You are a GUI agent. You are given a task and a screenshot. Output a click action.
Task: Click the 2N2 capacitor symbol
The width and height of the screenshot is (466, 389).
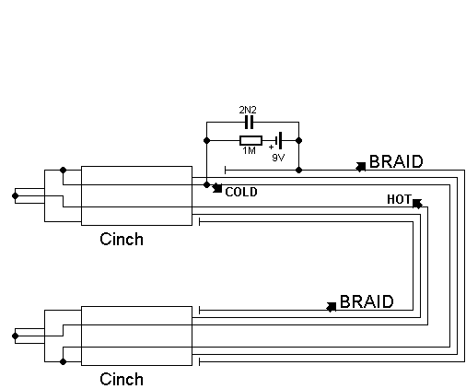click(x=249, y=123)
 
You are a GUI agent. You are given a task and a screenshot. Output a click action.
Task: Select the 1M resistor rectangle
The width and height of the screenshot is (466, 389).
click(x=250, y=141)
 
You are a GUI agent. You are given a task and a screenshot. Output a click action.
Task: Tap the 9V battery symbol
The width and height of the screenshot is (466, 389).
click(x=279, y=141)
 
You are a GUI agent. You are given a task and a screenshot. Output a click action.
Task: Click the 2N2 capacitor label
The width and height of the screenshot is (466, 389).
click(x=248, y=110)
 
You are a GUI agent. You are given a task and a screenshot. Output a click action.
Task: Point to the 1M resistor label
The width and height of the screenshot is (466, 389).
click(x=249, y=150)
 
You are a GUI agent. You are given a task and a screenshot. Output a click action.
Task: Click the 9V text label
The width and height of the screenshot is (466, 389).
click(x=278, y=158)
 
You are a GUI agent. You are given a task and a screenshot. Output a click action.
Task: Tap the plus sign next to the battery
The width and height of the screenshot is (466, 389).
click(x=271, y=147)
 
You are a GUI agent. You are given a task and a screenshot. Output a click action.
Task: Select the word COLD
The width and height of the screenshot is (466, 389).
click(x=241, y=192)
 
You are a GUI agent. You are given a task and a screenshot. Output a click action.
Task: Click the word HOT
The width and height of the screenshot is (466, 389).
click(x=399, y=199)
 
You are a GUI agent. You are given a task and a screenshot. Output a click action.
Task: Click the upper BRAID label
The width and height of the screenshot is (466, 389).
click(x=396, y=161)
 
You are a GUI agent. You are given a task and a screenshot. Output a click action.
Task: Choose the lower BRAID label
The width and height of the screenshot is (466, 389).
click(x=367, y=301)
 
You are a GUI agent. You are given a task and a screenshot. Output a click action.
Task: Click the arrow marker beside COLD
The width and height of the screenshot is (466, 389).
click(x=217, y=188)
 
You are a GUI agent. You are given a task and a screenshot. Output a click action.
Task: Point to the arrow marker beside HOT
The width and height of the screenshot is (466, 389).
click(x=417, y=204)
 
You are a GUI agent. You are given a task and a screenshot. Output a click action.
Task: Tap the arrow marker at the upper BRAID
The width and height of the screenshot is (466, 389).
click(x=361, y=167)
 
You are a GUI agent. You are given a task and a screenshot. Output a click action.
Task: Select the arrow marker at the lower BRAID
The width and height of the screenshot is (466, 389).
click(x=332, y=307)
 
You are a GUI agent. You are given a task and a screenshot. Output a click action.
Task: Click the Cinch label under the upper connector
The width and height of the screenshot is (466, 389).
click(x=122, y=239)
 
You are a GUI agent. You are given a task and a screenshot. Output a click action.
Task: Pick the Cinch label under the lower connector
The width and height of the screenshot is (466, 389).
click(x=122, y=379)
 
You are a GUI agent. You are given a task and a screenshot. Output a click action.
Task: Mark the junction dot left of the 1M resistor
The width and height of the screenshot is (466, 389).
click(x=207, y=141)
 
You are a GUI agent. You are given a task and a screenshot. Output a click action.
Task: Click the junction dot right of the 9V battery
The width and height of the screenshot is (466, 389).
click(x=298, y=141)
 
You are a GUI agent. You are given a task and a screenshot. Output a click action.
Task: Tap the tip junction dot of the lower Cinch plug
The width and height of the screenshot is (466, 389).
click(x=15, y=336)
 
